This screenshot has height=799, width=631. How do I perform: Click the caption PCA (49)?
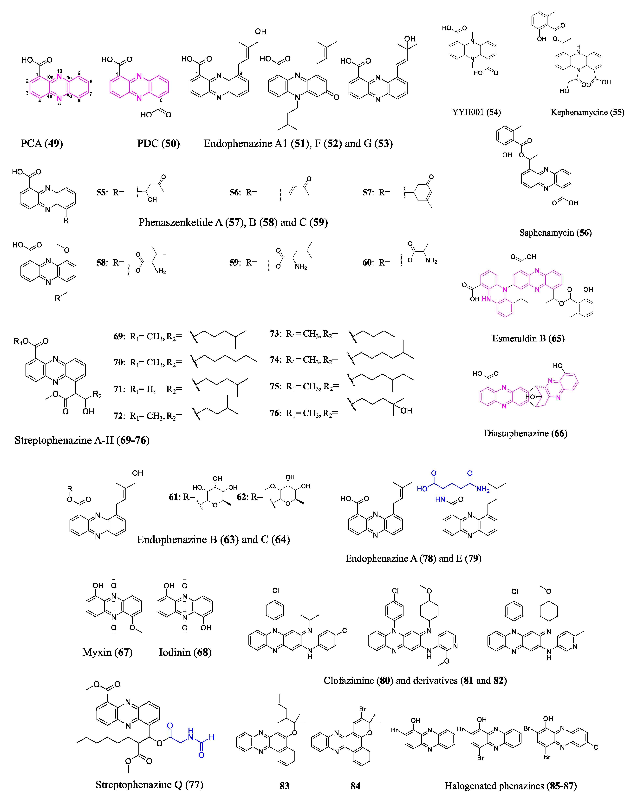tap(42, 143)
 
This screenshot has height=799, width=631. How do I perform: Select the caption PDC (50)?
tap(158, 143)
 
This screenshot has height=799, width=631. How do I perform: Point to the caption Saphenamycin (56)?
tap(555, 233)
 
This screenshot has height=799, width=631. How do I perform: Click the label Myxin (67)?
tap(107, 652)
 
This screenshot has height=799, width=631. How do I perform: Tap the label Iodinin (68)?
tap(185, 652)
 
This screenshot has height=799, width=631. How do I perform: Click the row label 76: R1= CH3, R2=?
tap(304, 413)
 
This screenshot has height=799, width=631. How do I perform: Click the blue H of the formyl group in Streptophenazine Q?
tap(212, 737)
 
